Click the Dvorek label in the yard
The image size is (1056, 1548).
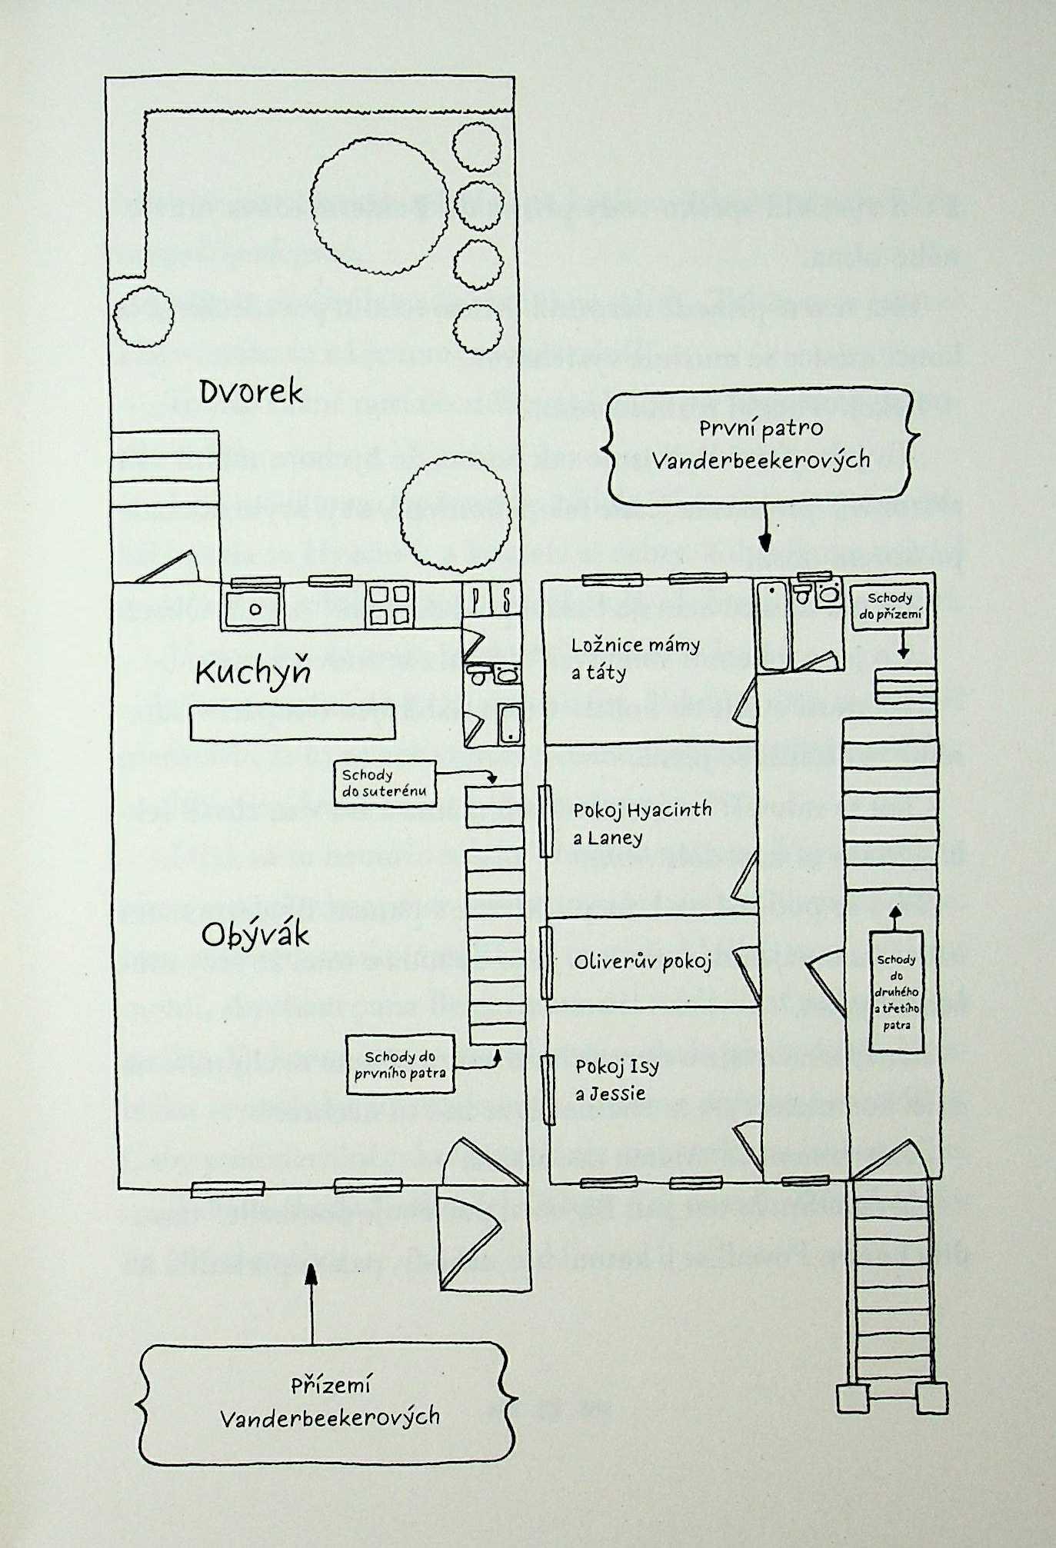click(x=252, y=392)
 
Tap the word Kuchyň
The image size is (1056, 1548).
click(x=253, y=673)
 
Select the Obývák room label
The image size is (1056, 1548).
click(x=255, y=935)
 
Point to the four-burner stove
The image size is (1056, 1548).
click(x=389, y=604)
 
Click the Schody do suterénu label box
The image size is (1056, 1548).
click(x=385, y=783)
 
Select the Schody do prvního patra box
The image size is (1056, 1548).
click(x=400, y=1064)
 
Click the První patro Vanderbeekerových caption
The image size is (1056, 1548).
click(x=761, y=444)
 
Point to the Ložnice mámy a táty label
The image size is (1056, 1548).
click(x=635, y=658)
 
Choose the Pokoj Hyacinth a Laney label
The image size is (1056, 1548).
click(x=642, y=823)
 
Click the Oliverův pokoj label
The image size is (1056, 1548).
click(x=643, y=960)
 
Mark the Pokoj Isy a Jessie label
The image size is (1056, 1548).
click(x=618, y=1080)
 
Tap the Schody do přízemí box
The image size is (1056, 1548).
click(x=890, y=606)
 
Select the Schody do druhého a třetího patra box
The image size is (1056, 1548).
click(x=896, y=991)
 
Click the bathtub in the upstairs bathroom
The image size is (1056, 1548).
click(x=771, y=624)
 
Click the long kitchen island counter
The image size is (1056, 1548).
click(x=292, y=722)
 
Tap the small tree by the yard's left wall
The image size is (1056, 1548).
click(x=143, y=317)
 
